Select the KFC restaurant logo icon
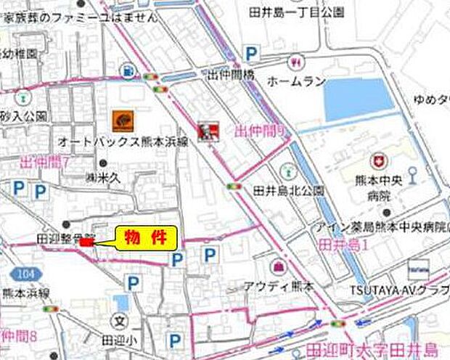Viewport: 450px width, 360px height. (207, 131)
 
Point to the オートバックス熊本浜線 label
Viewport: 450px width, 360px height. (123, 142)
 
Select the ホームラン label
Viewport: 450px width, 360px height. (295, 81)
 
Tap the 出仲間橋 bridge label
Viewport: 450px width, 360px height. (231, 74)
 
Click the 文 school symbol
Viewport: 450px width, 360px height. (121, 319)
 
